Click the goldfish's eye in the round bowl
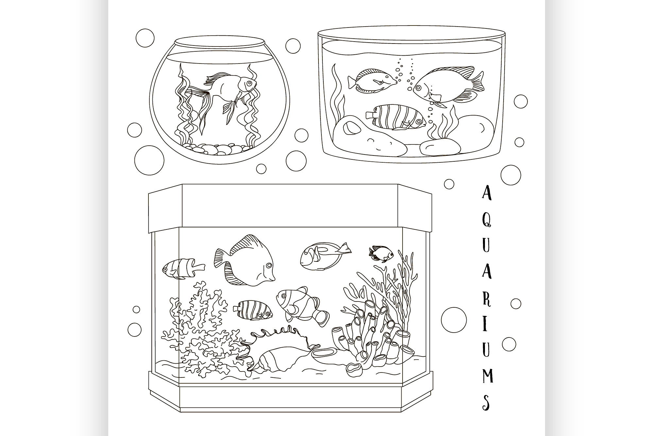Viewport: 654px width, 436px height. pos(250,84)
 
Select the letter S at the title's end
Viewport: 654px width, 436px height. pos(486,402)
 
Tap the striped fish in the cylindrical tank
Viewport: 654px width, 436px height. pos(396,118)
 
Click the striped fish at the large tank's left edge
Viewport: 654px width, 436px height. pos(183,268)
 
